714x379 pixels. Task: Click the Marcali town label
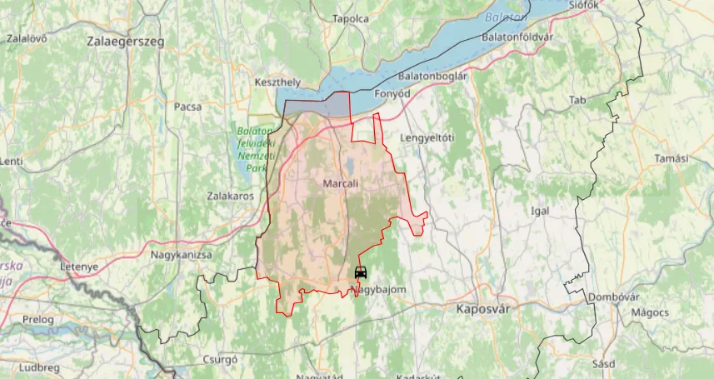click(339, 183)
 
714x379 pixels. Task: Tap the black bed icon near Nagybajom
click(361, 273)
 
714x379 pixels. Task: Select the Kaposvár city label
click(483, 308)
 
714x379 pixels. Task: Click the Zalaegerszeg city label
click(125, 40)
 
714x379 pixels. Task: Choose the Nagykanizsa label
click(181, 255)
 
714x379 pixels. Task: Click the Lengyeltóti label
click(427, 137)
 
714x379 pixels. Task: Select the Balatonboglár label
click(432, 76)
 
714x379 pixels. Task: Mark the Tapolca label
click(351, 18)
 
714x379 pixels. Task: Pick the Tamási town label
click(672, 159)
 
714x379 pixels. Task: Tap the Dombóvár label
click(613, 297)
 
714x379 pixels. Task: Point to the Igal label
click(540, 211)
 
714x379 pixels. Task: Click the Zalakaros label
click(230, 197)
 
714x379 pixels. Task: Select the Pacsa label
click(187, 107)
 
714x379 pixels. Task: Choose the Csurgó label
click(221, 360)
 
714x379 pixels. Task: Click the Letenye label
click(79, 267)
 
